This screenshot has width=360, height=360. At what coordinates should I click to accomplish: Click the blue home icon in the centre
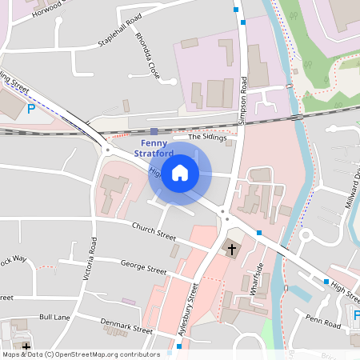(180, 173)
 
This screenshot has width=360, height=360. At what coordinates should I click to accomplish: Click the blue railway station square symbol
(154, 131)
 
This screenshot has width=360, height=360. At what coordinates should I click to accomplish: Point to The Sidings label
(207, 138)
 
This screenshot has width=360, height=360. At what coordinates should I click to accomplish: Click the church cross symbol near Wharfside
(232, 250)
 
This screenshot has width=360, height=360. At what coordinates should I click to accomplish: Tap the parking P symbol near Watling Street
(30, 109)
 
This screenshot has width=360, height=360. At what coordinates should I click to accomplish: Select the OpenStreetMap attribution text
(80, 354)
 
